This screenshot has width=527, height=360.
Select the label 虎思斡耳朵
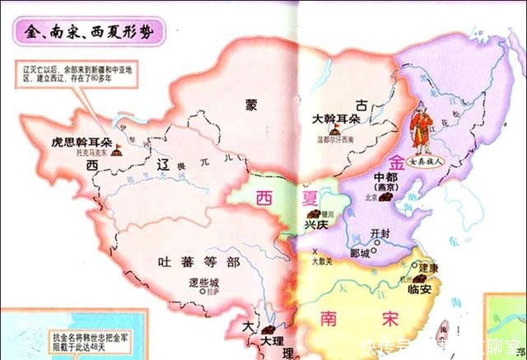click(81, 142)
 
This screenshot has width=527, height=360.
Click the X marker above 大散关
click(315, 249)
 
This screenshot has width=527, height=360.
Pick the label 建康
click(428, 269)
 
